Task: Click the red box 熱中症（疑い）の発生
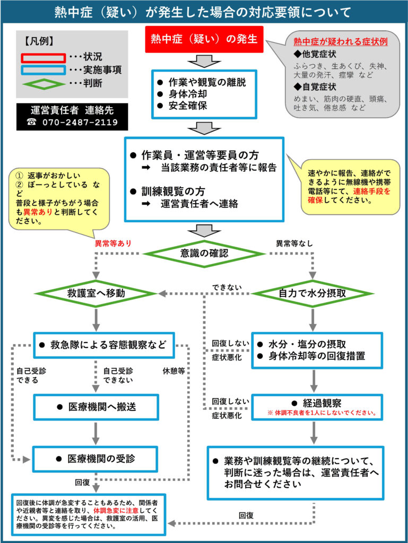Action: click(204, 39)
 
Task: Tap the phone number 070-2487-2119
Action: click(80, 122)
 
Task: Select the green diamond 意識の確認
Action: click(204, 253)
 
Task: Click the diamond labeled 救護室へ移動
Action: click(96, 293)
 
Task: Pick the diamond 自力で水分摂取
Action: click(312, 293)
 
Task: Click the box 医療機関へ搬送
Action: click(96, 407)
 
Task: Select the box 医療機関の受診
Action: click(96, 459)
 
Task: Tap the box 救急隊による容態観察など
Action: click(104, 345)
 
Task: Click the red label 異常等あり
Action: click(113, 243)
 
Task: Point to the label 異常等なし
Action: click(294, 243)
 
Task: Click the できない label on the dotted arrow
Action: click(227, 287)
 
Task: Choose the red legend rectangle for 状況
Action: click(44, 58)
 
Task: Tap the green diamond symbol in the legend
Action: click(44, 84)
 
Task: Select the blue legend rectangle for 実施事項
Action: click(44, 71)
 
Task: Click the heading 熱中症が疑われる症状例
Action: click(341, 41)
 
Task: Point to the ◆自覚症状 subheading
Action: click(315, 86)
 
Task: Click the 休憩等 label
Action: click(174, 371)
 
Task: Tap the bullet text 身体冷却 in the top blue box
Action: click(188, 94)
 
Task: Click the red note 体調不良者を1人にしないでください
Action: click(322, 413)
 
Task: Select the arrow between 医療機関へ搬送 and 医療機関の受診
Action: click(96, 433)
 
